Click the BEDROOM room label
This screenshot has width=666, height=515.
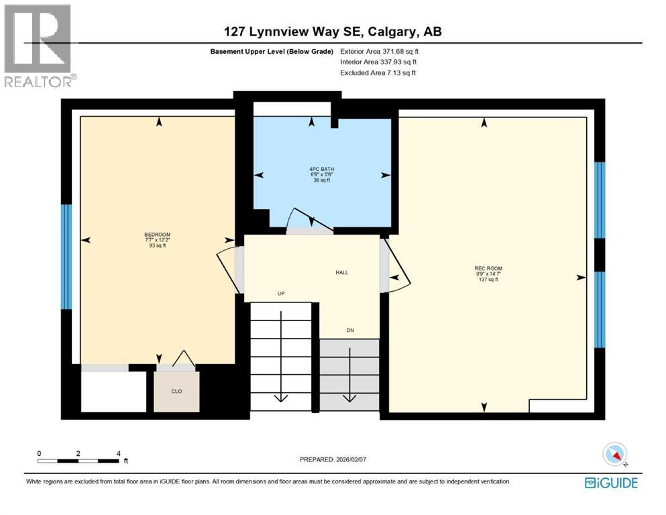coord(158,235)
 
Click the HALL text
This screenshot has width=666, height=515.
coord(341,272)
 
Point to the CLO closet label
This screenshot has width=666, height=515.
coord(176,391)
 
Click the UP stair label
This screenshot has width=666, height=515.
coord(282,294)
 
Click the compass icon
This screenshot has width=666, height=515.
coord(615,455)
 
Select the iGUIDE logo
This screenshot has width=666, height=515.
coord(611,483)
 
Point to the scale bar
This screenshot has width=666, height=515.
coord(79,461)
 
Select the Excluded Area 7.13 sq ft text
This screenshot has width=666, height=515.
coord(378,72)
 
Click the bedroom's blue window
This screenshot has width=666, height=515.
coord(66,256)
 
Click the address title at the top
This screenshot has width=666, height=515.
coord(332,32)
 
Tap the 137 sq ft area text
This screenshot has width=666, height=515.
coord(487,279)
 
